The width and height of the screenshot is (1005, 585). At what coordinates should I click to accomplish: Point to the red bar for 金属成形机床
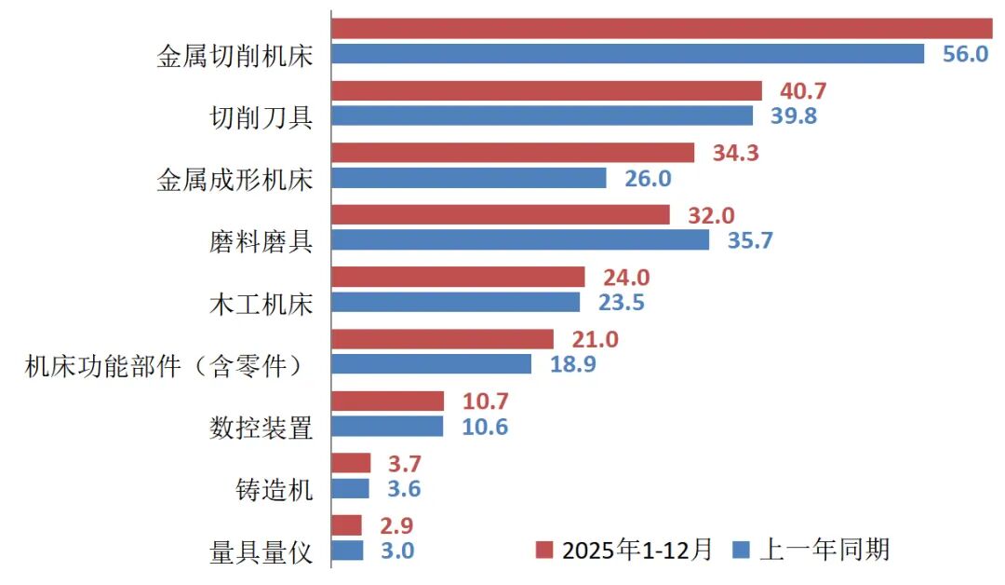513,153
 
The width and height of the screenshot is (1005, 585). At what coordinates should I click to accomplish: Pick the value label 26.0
648,178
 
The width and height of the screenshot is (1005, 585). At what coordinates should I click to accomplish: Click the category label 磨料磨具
261,240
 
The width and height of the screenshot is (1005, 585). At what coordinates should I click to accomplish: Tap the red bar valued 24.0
458,277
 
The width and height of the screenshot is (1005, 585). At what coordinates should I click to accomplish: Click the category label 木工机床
261,303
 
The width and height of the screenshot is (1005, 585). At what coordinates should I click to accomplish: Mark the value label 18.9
573,364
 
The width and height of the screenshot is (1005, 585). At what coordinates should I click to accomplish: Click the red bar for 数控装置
388,401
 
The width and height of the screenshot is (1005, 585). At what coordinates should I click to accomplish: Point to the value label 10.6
486,427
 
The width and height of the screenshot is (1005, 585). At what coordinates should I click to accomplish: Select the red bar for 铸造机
351,463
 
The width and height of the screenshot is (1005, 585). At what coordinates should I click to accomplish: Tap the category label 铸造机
275,489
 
